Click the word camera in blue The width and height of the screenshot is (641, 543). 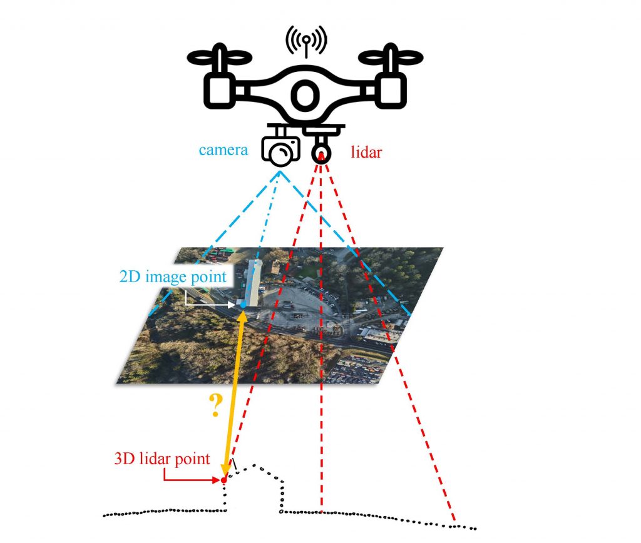223,150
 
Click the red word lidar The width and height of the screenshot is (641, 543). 366,151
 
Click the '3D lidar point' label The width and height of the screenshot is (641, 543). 162,458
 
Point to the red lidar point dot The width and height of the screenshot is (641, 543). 223,480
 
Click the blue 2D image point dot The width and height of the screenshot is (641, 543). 243,304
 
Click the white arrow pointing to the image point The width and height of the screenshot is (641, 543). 210,305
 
